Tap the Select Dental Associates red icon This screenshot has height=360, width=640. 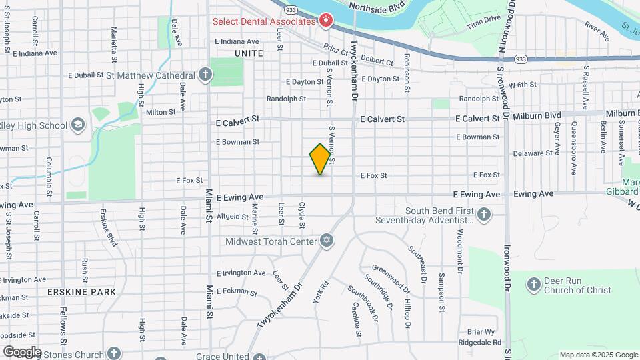click(x=325, y=21)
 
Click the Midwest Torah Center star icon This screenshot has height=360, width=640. click(x=326, y=241)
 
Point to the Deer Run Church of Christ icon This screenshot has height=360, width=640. click(x=533, y=285)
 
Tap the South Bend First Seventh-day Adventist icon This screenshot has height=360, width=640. click(x=485, y=215)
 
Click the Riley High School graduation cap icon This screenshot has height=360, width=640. click(x=78, y=125)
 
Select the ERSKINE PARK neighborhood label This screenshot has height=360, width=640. click(x=81, y=292)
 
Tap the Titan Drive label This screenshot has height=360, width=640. click(x=483, y=20)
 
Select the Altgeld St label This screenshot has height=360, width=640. click(x=233, y=216)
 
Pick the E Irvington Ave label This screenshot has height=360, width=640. click(x=241, y=273)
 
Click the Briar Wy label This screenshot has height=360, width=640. click(x=481, y=331)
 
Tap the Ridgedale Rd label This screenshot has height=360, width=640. click(x=478, y=342)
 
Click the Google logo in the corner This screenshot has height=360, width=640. click(x=21, y=351)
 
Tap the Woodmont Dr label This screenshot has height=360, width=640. click(x=460, y=252)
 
